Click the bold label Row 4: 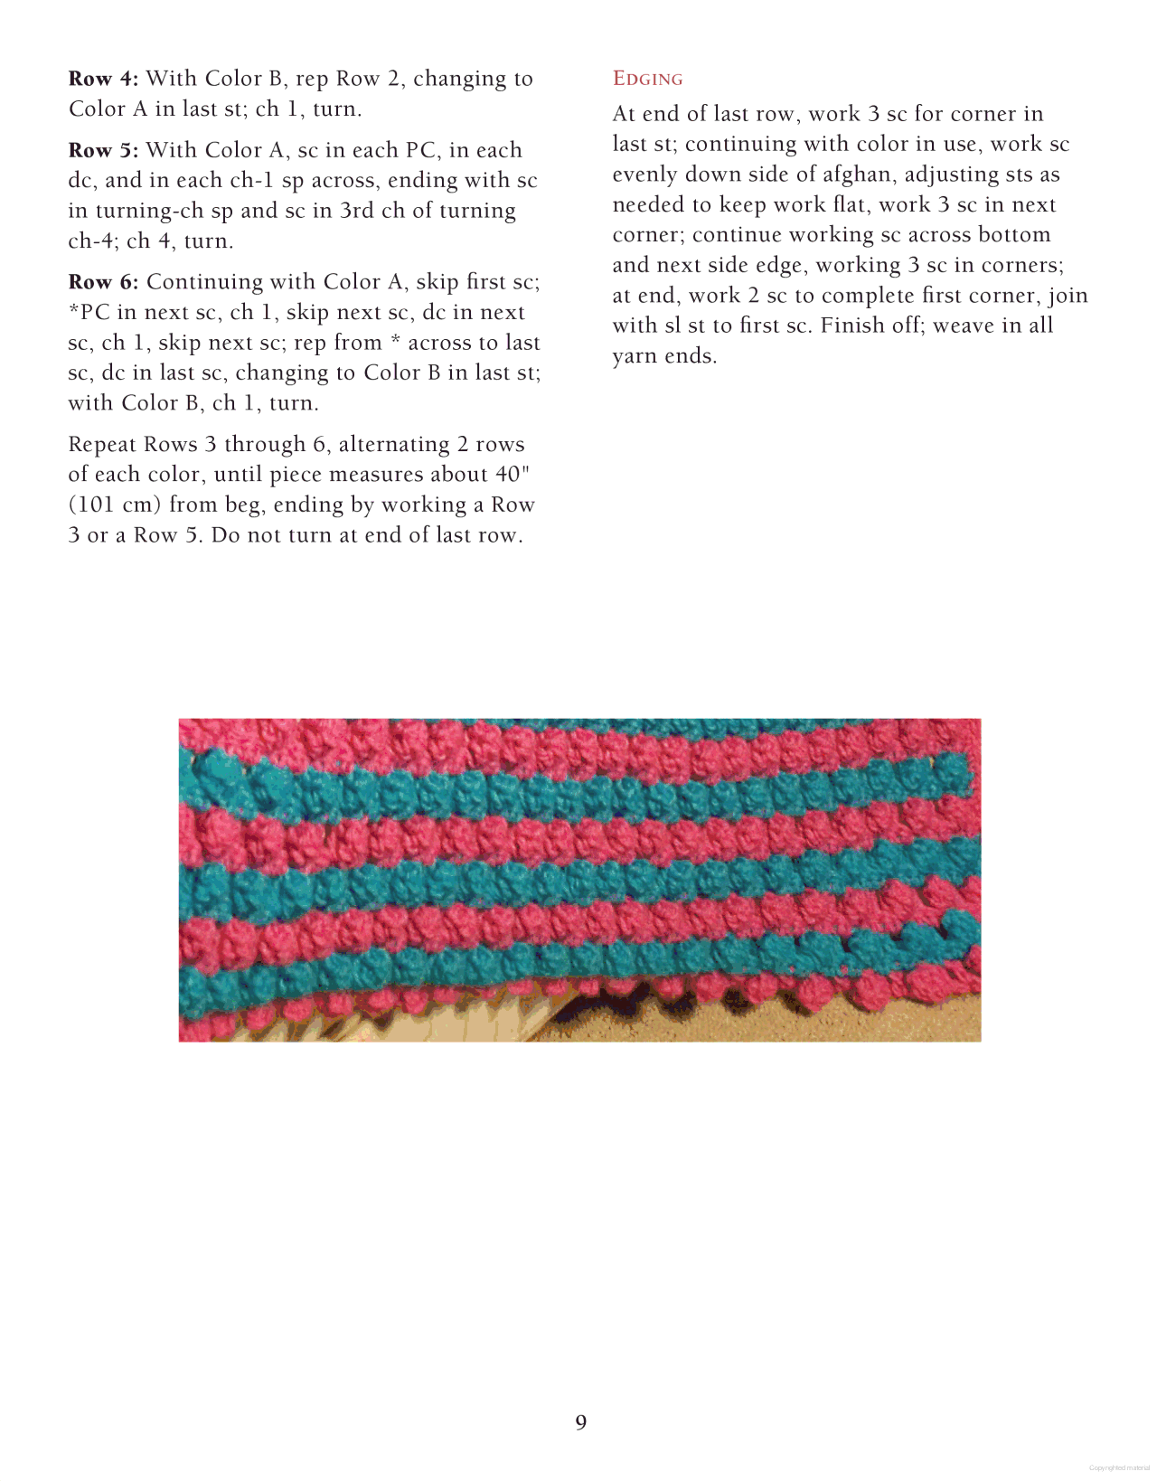(x=103, y=80)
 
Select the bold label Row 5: (x=103, y=150)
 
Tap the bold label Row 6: (x=103, y=282)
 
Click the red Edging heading (x=647, y=79)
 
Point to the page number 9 (x=580, y=1422)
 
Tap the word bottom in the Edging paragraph (x=1014, y=235)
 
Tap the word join (x=1068, y=296)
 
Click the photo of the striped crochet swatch (x=579, y=880)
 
